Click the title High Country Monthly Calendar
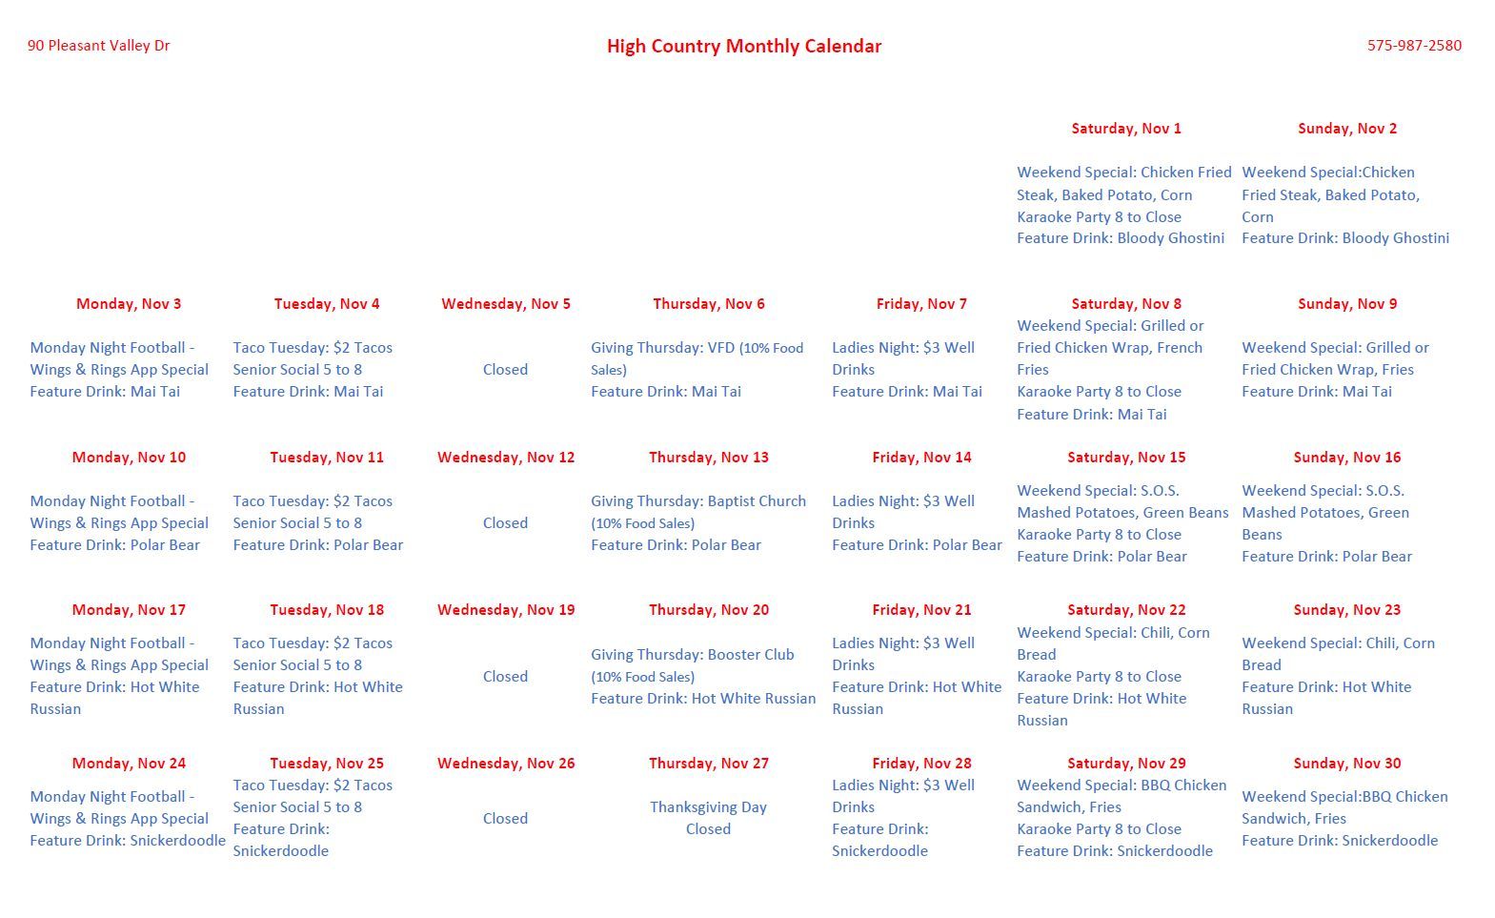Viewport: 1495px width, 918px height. (x=743, y=46)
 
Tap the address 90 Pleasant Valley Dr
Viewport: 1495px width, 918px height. (x=98, y=46)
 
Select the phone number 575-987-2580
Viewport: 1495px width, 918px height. (x=1414, y=46)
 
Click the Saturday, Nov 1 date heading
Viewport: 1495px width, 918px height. (x=1125, y=129)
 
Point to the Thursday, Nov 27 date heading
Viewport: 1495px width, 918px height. (x=708, y=764)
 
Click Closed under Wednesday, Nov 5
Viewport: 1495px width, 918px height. (x=505, y=370)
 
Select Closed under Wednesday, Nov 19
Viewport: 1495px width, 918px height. (x=505, y=677)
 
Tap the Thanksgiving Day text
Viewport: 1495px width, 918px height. (x=708, y=807)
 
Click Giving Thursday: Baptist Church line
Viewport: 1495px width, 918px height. (x=697, y=501)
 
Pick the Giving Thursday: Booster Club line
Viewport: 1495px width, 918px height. (x=692, y=655)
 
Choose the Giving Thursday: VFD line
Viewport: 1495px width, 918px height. (x=697, y=348)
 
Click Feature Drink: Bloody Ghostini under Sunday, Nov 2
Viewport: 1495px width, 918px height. (x=1344, y=238)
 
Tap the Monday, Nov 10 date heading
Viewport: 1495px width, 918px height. (x=129, y=458)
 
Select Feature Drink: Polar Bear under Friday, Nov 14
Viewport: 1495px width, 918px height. (x=917, y=545)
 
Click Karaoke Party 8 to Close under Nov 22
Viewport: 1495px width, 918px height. (x=1099, y=677)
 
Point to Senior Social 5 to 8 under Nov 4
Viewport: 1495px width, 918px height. (x=297, y=370)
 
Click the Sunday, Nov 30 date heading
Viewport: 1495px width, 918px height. (x=1346, y=764)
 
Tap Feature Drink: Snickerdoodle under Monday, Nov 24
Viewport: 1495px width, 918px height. (x=128, y=841)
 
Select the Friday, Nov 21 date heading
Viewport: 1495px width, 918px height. (x=921, y=610)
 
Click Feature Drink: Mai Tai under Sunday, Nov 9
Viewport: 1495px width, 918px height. (x=1316, y=392)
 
